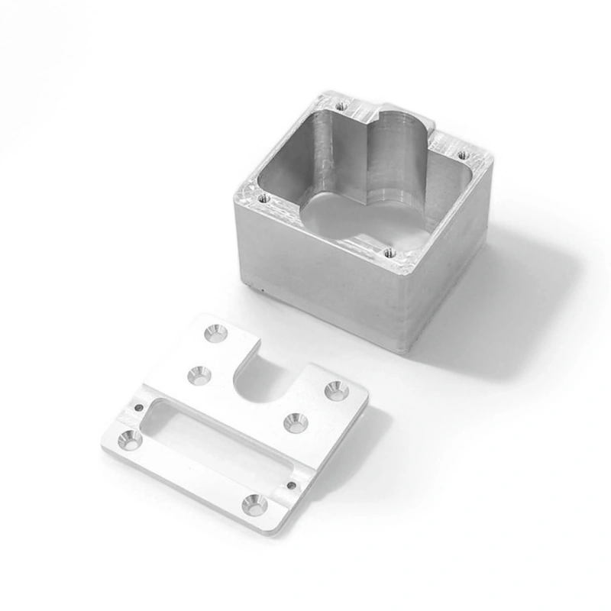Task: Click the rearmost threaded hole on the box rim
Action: (x=341, y=105)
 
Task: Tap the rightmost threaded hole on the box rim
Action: (x=462, y=155)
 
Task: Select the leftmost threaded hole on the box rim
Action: (x=263, y=197)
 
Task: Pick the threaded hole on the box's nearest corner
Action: (x=389, y=251)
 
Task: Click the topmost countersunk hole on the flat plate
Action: (x=215, y=333)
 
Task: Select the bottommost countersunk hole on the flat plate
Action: (x=255, y=504)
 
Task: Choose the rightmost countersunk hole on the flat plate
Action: (x=336, y=390)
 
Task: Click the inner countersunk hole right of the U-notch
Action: (x=294, y=422)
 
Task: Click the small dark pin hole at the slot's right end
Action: (x=291, y=483)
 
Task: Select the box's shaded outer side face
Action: (x=451, y=275)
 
